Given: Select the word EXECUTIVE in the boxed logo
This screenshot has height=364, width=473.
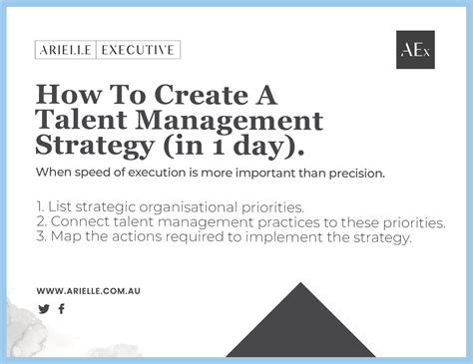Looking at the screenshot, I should click(x=142, y=50).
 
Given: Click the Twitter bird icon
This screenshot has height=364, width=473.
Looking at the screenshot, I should click(x=43, y=309).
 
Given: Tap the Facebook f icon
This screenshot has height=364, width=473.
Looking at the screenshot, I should click(x=61, y=309).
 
